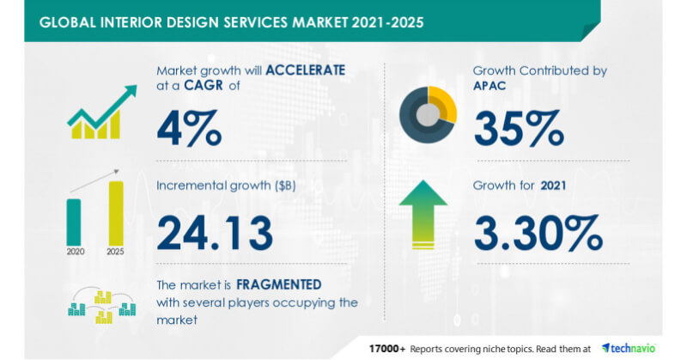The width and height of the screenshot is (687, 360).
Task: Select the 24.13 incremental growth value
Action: (216, 231)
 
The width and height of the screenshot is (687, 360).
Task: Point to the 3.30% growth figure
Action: (534, 231)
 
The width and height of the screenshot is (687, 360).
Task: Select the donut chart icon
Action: (428, 114)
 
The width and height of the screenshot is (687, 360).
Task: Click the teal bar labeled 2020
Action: (74, 221)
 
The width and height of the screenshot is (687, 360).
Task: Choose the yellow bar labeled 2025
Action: (116, 212)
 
